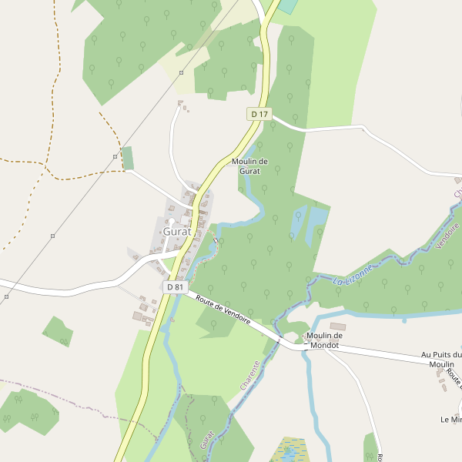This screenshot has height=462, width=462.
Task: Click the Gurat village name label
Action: pyautogui.click(x=176, y=231)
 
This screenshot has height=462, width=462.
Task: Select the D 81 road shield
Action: pyautogui.click(x=176, y=286)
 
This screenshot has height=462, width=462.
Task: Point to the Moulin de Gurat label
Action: pyautogui.click(x=249, y=166)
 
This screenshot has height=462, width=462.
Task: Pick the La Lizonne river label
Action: pyautogui.click(x=353, y=276)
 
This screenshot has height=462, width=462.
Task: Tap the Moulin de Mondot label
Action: pyautogui.click(x=324, y=340)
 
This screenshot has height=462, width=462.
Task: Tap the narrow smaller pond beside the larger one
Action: pyautogui.click(x=299, y=222)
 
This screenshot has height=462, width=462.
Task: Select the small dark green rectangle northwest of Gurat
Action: pyautogui.click(x=128, y=158)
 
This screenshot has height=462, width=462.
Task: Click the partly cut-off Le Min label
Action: pyautogui.click(x=450, y=420)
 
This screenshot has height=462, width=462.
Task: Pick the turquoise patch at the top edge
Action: pyautogui.click(x=287, y=5)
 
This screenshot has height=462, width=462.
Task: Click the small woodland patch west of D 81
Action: pyautogui.click(x=59, y=331)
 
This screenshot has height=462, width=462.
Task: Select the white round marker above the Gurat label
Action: pyautogui.click(x=171, y=221)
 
